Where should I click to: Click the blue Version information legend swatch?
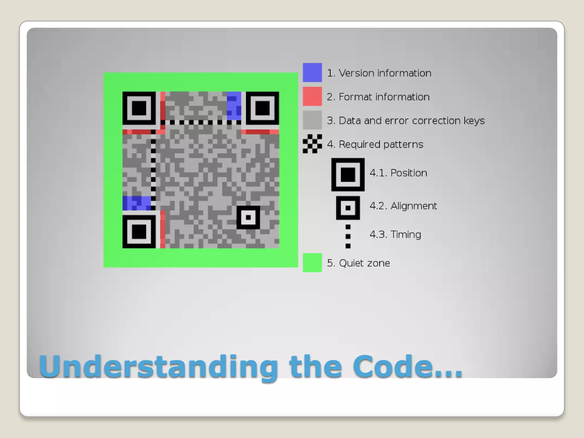pyautogui.click(x=312, y=72)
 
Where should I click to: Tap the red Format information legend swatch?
pyautogui.click(x=312, y=96)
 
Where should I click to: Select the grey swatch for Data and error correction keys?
pyautogui.click(x=312, y=120)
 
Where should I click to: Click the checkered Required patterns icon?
pyautogui.click(x=312, y=144)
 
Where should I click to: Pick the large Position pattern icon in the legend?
pyautogui.click(x=348, y=175)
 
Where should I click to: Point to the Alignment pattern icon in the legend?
pyautogui.click(x=348, y=208)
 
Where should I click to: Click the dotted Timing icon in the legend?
pyautogui.click(x=348, y=236)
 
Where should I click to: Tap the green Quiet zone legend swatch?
pyautogui.click(x=312, y=263)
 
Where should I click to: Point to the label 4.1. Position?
pyautogui.click(x=398, y=173)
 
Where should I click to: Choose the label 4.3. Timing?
pyautogui.click(x=395, y=235)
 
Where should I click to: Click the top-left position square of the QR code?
pyautogui.click(x=139, y=108)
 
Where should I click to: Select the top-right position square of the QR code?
pyautogui.click(x=262, y=108)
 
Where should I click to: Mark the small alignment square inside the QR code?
pyautogui.click(x=248, y=218)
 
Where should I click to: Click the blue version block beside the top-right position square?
pyautogui.click(x=234, y=106)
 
